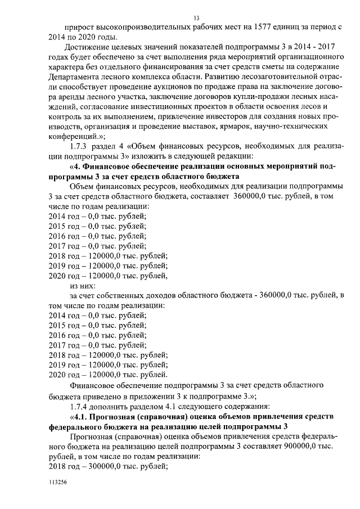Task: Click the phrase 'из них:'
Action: [x=82, y=285]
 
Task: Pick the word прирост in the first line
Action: [x=79, y=28]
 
